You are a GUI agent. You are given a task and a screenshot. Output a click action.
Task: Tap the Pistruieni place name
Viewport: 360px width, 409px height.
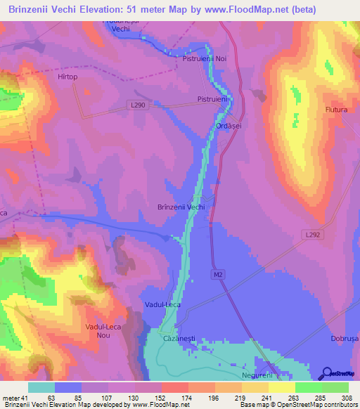pos(213,100)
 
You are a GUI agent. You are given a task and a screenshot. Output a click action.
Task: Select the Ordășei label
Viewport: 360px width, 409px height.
pos(229,126)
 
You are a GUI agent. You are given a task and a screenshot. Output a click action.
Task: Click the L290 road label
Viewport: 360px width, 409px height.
pos(138,105)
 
